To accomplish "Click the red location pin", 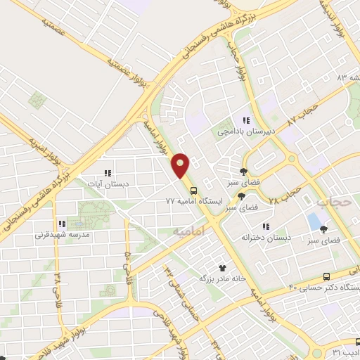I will tap(181, 165).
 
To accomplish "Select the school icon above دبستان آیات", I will tap(108, 172).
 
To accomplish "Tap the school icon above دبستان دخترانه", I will tap(265, 226).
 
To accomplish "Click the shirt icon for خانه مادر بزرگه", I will tap(223, 267).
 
